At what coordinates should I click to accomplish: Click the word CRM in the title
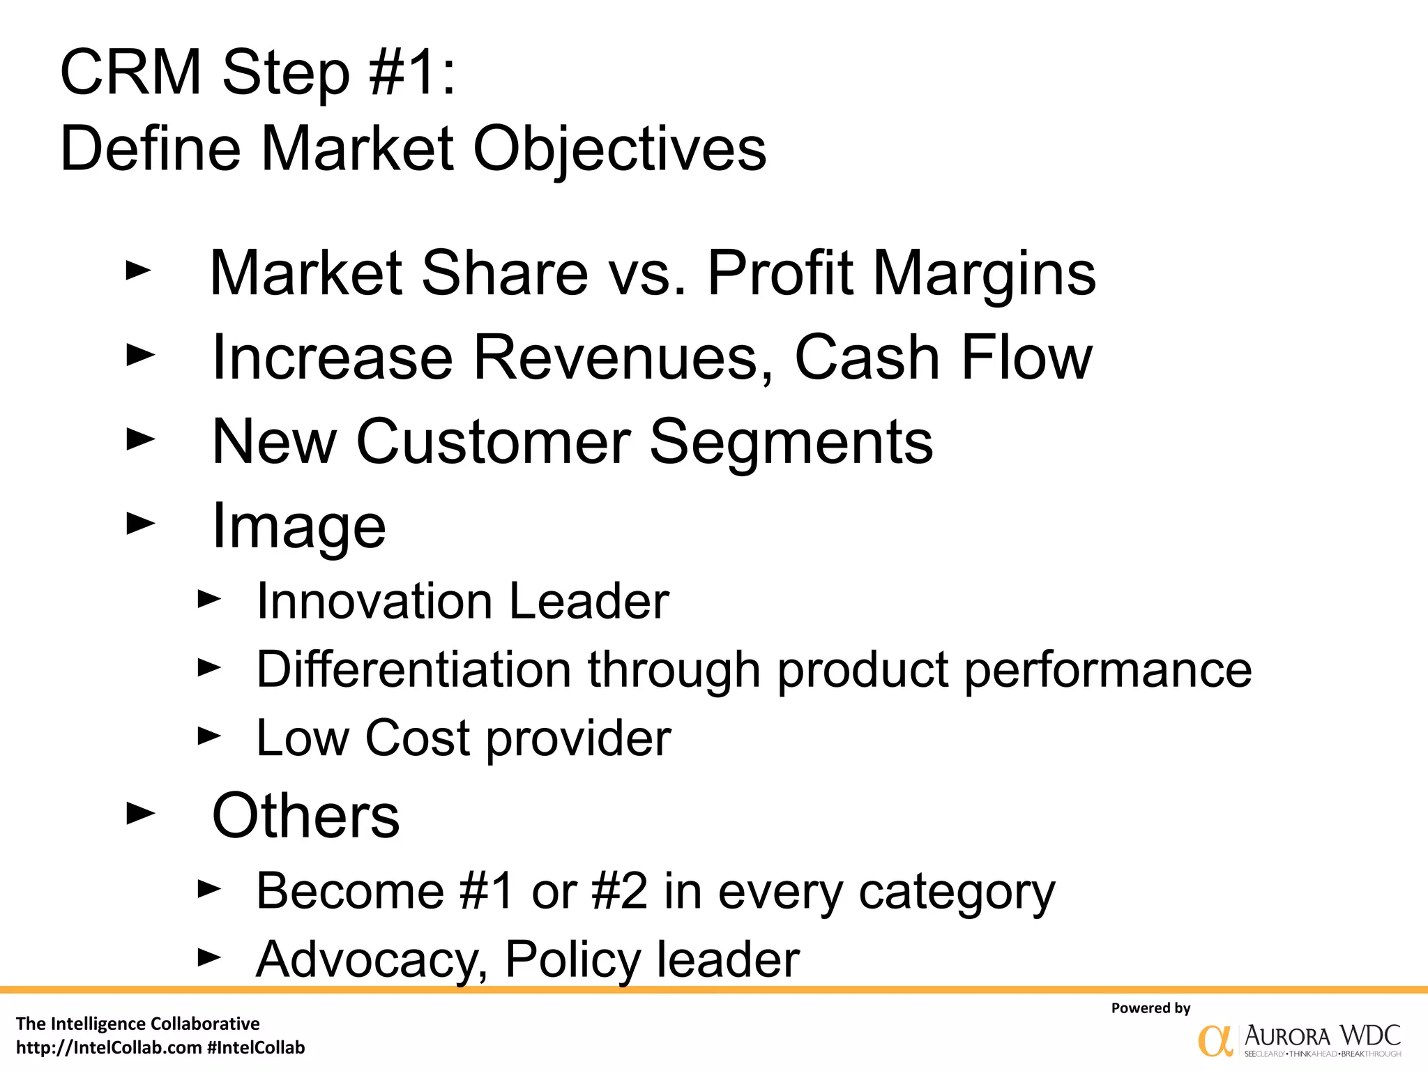pos(130,73)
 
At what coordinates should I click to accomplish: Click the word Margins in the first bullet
pos(985,273)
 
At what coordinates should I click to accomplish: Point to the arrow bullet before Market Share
pos(138,271)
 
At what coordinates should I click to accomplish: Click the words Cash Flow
pos(943,358)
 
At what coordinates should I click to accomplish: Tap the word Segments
pos(791,442)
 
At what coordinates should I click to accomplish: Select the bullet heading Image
pos(298,526)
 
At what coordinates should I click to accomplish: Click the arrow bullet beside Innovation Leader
pos(209,598)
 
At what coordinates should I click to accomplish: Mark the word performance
pos(1108,670)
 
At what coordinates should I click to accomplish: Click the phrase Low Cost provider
pos(464,738)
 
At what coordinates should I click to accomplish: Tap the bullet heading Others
pos(305,816)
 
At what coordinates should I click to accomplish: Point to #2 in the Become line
pos(619,891)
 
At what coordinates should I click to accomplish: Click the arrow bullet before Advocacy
pos(209,957)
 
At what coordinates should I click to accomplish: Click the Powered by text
pos(1150,1008)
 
